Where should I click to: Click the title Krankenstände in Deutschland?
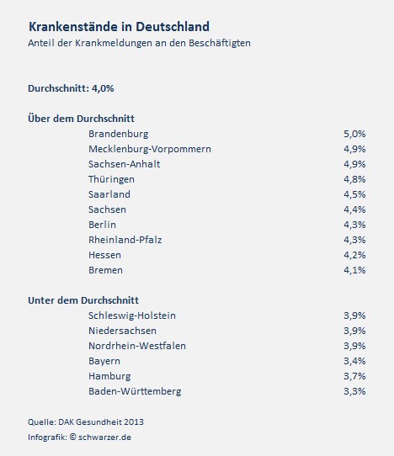tap(119, 27)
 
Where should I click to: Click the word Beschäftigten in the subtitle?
tap(220, 43)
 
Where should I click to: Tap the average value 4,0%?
tap(103, 88)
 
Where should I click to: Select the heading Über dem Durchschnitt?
tap(81, 119)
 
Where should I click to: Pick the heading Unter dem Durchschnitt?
tap(83, 300)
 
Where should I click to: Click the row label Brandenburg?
tap(119, 134)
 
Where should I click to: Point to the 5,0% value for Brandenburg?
tap(354, 134)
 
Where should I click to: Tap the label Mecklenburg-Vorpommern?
tap(150, 149)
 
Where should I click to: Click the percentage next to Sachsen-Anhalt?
tap(354, 164)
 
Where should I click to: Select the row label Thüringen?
tap(111, 179)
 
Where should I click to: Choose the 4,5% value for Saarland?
tap(354, 194)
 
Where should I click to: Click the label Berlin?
tap(102, 225)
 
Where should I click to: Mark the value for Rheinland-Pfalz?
tap(354, 240)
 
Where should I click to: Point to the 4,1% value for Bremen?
tap(354, 270)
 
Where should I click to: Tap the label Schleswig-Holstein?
tap(132, 315)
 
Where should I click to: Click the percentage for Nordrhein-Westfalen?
tap(354, 346)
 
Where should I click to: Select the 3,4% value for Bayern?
tap(354, 361)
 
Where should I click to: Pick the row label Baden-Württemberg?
tap(135, 391)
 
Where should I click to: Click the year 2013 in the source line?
tap(134, 422)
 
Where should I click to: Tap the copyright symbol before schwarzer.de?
tap(72, 437)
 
